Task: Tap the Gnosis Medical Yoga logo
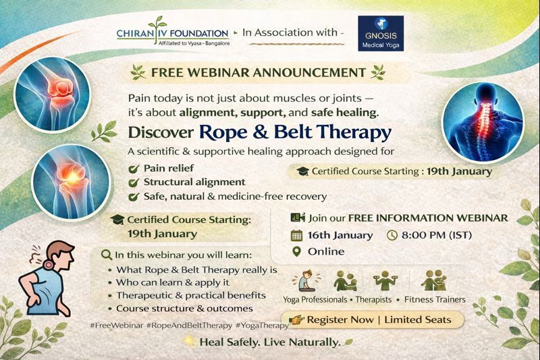tap(381, 34)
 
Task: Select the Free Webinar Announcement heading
tap(259, 72)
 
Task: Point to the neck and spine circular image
tap(482, 111)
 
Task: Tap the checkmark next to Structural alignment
tap(134, 182)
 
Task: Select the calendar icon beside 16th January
tap(296, 236)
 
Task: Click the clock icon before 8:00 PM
tap(393, 236)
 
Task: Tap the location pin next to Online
tap(296, 251)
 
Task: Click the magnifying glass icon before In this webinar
tap(105, 255)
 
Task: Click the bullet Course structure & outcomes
tap(180, 308)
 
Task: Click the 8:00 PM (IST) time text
tap(434, 236)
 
